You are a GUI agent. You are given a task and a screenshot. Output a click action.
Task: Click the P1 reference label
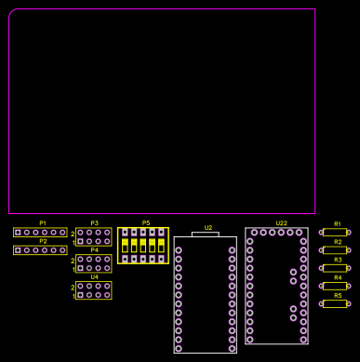pos(43,223)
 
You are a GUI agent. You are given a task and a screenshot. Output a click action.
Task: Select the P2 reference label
pos(43,241)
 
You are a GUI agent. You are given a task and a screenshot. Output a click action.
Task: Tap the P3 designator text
pos(94,223)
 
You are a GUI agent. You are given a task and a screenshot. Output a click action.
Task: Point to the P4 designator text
pos(94,250)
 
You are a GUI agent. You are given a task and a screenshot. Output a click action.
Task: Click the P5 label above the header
pos(145,223)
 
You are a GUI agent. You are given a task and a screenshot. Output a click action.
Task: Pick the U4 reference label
pos(94,277)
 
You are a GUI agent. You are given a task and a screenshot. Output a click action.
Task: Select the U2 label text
pos(208,228)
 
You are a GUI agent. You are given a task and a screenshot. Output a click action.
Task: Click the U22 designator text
pos(282,223)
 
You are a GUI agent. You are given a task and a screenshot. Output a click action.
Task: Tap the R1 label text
pos(338,224)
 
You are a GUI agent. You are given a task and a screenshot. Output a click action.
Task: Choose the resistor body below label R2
pos(335,250)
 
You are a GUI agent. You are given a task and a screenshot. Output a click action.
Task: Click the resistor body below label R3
pos(335,268)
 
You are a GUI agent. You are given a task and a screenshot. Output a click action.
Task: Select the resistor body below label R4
pos(335,286)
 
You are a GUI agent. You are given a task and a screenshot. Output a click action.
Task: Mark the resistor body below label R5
pos(335,303)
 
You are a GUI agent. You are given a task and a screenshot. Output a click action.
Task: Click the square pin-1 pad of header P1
pos(18,232)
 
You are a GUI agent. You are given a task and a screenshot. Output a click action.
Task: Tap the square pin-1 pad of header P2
pos(18,249)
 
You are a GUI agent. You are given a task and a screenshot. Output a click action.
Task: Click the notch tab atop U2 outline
pos(205,234)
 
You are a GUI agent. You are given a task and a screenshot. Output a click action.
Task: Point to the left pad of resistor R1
pos(321,233)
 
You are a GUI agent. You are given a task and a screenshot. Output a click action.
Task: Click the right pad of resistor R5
pos(349,303)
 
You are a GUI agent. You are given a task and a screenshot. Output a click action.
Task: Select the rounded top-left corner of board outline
pos(12,13)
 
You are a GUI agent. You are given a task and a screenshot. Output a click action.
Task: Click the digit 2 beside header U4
pos(73,288)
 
